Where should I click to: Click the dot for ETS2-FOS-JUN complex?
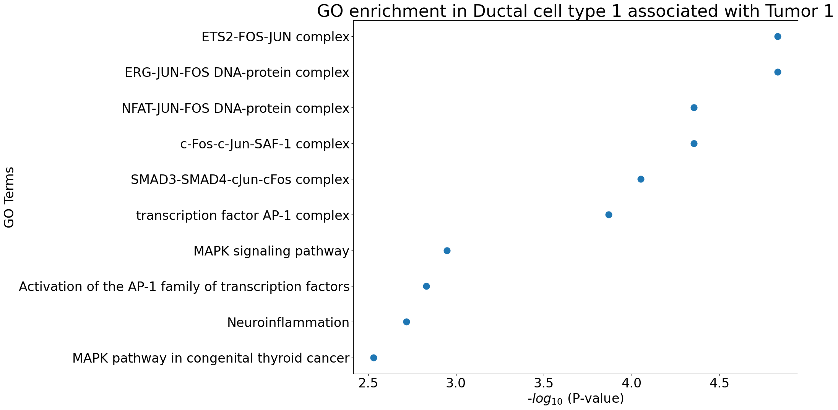click(777, 37)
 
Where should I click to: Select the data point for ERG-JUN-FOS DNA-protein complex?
click(777, 72)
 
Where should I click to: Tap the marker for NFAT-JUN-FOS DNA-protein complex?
click(694, 108)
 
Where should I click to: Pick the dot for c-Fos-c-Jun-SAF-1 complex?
click(694, 144)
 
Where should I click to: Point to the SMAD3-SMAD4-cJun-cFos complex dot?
click(641, 179)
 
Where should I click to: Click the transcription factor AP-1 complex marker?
click(609, 215)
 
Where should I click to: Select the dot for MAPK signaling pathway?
click(447, 251)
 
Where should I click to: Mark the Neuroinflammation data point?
click(406, 322)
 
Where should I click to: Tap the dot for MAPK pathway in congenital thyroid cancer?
click(374, 358)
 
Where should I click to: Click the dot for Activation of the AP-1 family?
click(426, 286)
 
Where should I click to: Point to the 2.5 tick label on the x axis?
click(368, 383)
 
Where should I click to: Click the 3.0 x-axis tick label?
click(456, 383)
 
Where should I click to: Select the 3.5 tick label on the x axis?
click(544, 383)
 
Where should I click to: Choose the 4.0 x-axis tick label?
click(632, 383)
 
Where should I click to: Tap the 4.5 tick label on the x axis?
click(719, 383)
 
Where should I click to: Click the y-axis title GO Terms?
click(9, 197)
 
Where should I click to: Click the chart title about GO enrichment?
click(575, 11)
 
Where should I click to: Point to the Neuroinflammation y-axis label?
click(288, 323)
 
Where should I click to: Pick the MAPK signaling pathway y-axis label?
click(271, 252)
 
